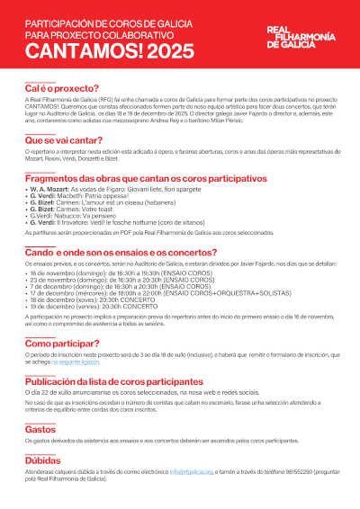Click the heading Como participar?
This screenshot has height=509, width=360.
click(x=63, y=344)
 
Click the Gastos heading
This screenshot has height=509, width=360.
click(x=40, y=430)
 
